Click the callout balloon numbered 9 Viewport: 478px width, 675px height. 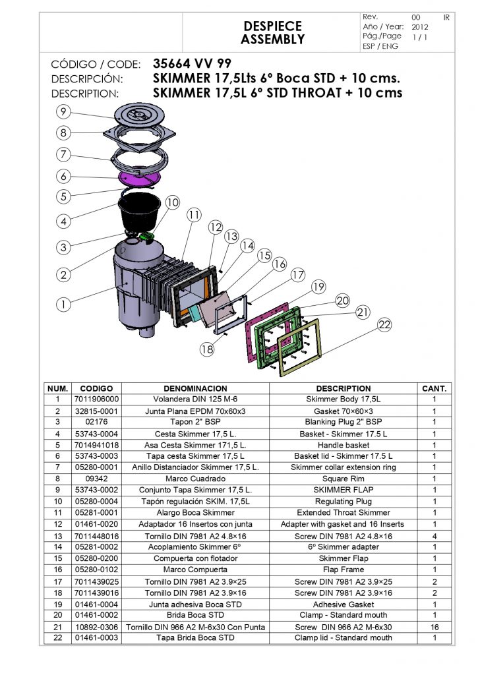(63, 111)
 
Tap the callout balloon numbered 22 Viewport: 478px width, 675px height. (386, 324)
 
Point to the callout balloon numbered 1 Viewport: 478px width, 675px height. (63, 305)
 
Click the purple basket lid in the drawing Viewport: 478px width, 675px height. (139, 177)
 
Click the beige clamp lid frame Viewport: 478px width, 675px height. (301, 346)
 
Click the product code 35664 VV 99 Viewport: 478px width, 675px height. (192, 65)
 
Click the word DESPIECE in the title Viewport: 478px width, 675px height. (272, 26)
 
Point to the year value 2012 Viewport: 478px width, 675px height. (420, 27)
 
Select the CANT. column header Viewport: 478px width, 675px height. (434, 389)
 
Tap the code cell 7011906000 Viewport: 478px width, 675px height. (97, 399)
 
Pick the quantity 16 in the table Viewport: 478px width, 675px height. (434, 627)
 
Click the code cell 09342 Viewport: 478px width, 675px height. (97, 479)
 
